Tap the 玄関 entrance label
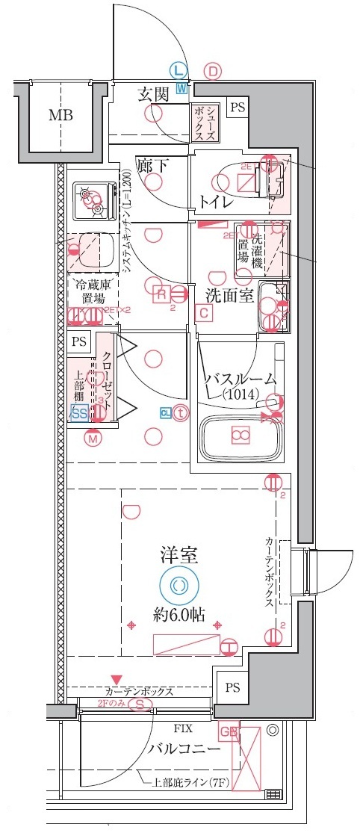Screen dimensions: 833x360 pos(155,94)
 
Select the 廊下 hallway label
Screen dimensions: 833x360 pos(152,165)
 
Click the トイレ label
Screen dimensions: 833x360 pos(217,202)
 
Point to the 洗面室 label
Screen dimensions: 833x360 pos(230,294)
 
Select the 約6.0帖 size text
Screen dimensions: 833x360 pos(179,616)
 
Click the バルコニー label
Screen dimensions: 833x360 pos(184,749)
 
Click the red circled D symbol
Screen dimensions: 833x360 pos(214,72)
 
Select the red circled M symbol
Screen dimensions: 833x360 pos(93,439)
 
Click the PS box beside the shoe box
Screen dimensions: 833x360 pos(237,108)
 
